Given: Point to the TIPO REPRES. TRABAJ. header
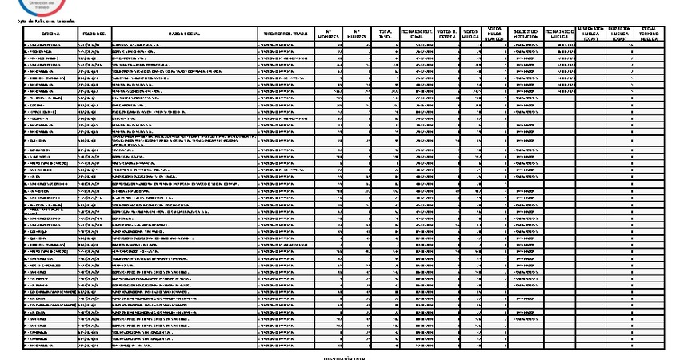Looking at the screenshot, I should click(288, 34).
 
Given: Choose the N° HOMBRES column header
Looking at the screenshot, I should click(328, 34).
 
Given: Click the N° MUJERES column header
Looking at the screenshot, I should click(357, 34).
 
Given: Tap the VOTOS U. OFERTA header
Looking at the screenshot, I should click(448, 34).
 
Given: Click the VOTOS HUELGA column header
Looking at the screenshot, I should click(471, 34).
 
